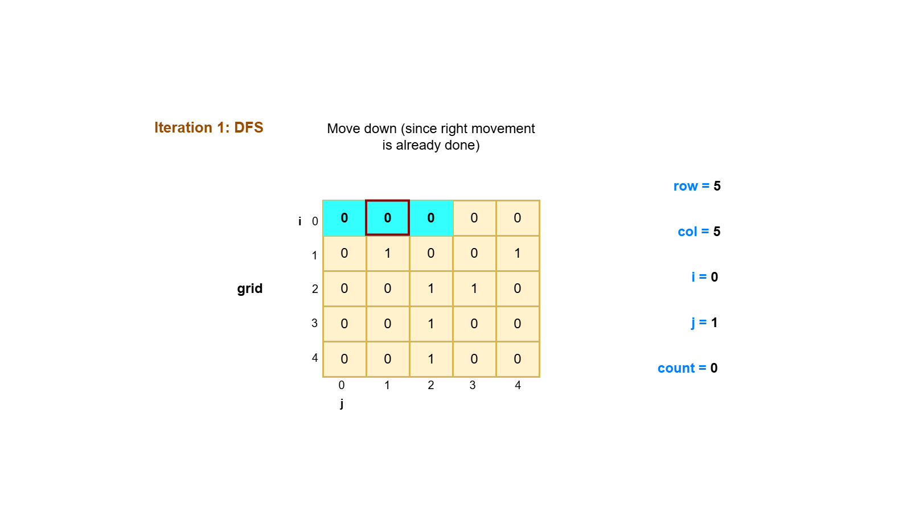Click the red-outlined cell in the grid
pyautogui.click(x=387, y=218)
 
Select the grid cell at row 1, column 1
pyautogui.click(x=387, y=253)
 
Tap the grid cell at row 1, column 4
pyautogui.click(x=517, y=253)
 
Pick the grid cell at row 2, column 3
pyautogui.click(x=474, y=288)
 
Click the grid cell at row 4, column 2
pyautogui.click(x=430, y=359)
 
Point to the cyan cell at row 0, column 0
pyautogui.click(x=344, y=218)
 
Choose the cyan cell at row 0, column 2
pyautogui.click(x=430, y=218)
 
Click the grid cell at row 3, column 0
pyautogui.click(x=344, y=324)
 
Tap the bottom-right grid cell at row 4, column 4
pyautogui.click(x=517, y=359)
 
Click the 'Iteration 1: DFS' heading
pyautogui.click(x=208, y=127)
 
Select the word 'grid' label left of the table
pyautogui.click(x=249, y=288)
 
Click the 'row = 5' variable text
pyautogui.click(x=696, y=186)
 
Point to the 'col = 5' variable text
pyautogui.click(x=699, y=232)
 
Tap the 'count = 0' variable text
pyautogui.click(x=687, y=368)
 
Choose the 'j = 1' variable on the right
pyautogui.click(x=704, y=323)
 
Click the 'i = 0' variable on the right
pyautogui.click(x=704, y=277)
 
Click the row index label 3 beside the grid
pyautogui.click(x=314, y=323)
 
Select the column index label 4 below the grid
pyautogui.click(x=518, y=385)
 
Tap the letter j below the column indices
pyautogui.click(x=342, y=403)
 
